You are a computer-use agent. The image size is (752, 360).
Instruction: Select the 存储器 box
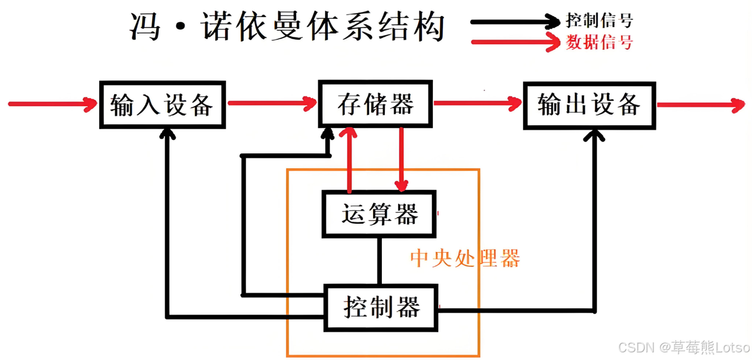tap(375, 104)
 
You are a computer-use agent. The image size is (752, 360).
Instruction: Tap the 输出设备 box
tap(589, 105)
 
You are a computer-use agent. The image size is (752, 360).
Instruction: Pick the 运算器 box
tap(380, 214)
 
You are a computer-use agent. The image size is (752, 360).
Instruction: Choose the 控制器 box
tap(381, 307)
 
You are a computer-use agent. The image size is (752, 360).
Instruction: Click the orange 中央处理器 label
tap(465, 258)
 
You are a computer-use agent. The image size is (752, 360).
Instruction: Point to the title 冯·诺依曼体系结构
tap(287, 27)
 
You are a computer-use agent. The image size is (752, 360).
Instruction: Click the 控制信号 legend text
tap(599, 21)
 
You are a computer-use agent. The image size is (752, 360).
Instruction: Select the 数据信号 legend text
tap(599, 42)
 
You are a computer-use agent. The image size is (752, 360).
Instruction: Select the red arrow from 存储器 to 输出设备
tap(477, 104)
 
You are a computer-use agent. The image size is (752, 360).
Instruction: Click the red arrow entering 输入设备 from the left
tap(53, 105)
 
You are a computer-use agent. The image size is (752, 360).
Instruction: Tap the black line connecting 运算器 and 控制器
tap(380, 261)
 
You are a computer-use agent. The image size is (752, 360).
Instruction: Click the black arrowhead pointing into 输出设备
tap(595, 136)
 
